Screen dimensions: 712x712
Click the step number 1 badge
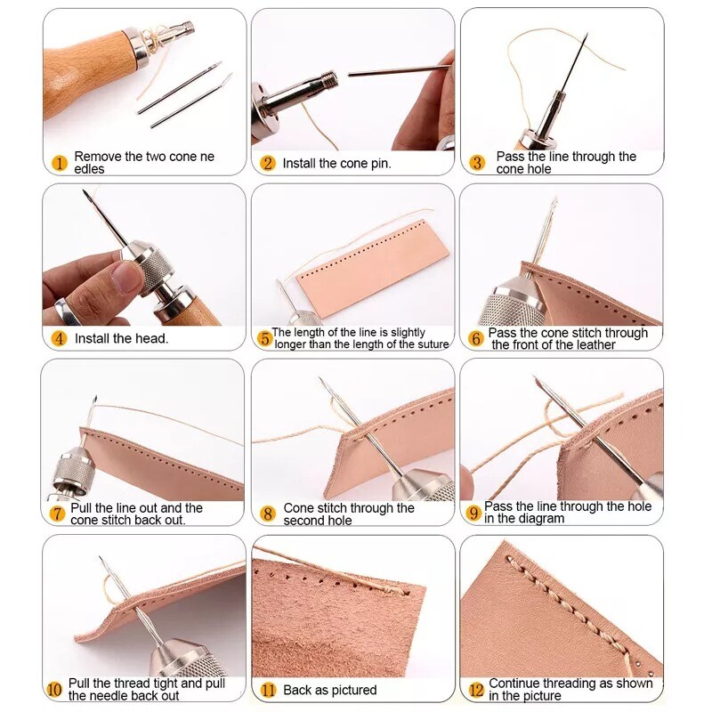pos(60,163)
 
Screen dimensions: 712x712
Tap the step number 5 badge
pos(264,338)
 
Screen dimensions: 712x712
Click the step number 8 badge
pos(268,514)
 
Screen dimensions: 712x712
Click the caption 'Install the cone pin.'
pos(336,163)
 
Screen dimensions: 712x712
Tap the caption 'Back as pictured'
pos(329,690)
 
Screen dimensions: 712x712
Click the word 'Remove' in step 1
pos(98,157)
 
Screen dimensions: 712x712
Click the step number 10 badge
pos(54,690)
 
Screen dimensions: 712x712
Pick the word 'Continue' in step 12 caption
pos(515,684)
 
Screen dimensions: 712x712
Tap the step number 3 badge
pos(477,163)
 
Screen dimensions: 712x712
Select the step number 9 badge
pos(473,514)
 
